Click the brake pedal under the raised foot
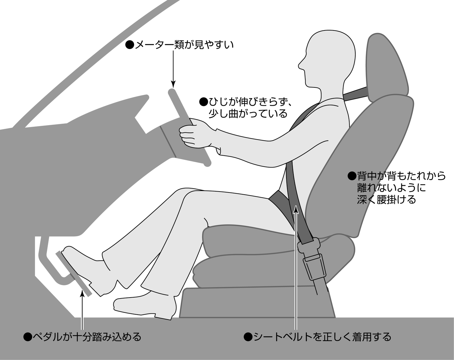[x=73, y=274]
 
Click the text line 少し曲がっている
[x=248, y=114]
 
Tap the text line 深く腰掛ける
[x=386, y=199]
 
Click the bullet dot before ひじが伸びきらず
[x=204, y=101]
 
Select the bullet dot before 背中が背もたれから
[x=352, y=176]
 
